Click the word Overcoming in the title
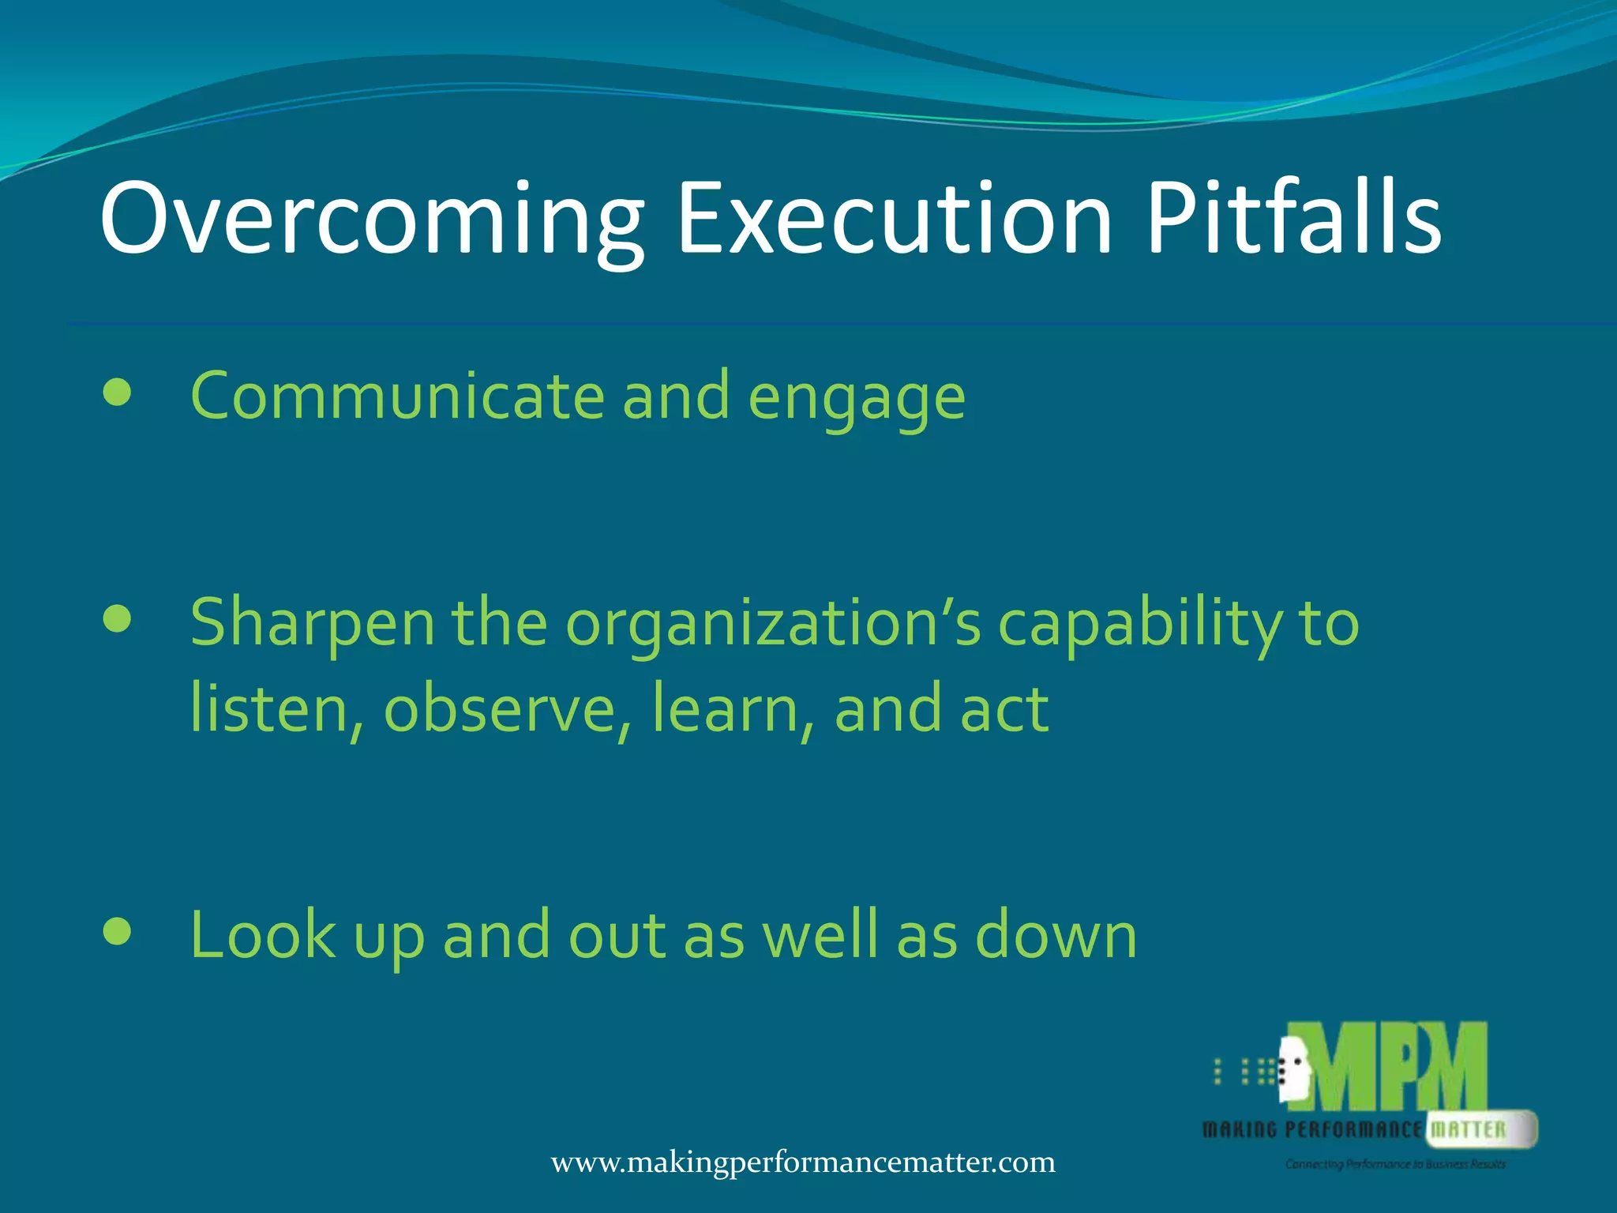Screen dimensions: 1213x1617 pos(371,219)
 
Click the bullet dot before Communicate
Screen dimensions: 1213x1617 pos(117,392)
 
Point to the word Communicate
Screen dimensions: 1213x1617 pos(397,396)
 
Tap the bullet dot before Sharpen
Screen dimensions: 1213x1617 pos(117,619)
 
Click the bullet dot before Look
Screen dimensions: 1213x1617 pos(117,932)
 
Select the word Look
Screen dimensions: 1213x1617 pos(263,935)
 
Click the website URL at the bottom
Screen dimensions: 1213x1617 pos(802,1162)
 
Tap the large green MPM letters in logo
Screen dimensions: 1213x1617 pos(1398,1068)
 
